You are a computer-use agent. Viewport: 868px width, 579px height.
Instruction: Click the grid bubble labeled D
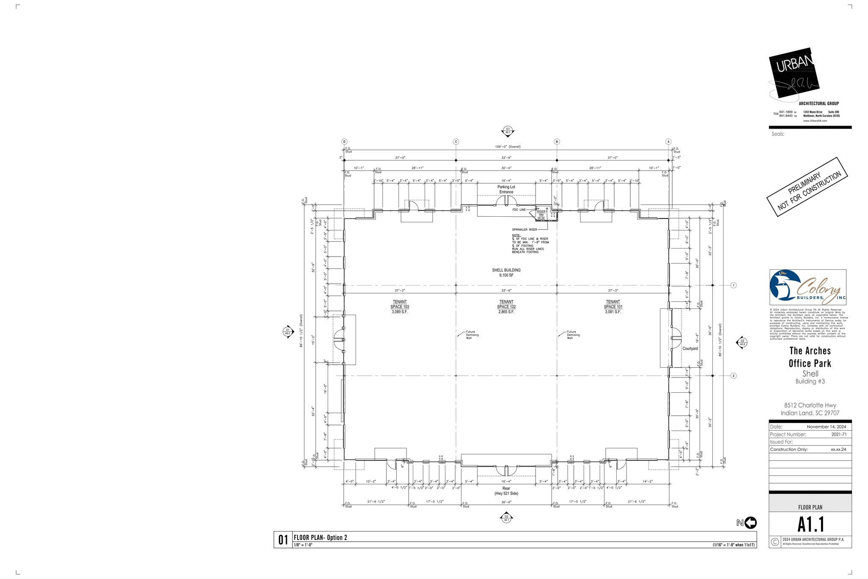click(344, 142)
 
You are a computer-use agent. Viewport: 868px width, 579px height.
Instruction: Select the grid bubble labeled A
click(668, 142)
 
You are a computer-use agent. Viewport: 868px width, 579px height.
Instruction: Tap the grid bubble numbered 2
click(734, 376)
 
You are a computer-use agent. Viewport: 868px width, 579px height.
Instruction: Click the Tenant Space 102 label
click(506, 307)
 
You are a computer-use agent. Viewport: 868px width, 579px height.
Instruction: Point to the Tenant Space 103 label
click(400, 307)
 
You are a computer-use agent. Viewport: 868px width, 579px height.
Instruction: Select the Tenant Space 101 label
click(613, 307)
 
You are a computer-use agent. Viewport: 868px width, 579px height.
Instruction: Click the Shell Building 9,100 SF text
click(506, 272)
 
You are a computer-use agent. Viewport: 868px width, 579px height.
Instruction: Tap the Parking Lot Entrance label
click(506, 189)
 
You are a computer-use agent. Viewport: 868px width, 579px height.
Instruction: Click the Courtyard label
click(690, 349)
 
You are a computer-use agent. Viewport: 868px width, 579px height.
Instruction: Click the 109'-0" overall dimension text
click(507, 147)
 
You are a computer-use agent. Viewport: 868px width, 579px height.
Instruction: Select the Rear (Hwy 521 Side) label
click(506, 491)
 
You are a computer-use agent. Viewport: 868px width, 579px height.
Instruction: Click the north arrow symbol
click(750, 523)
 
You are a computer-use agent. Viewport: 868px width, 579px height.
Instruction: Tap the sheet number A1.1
click(810, 525)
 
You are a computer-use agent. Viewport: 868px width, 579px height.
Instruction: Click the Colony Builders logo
click(807, 287)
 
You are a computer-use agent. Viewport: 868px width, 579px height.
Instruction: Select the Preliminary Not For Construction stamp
click(807, 187)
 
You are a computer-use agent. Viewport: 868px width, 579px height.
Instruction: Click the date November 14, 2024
click(826, 427)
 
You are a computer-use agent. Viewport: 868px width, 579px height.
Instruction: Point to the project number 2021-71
click(839, 434)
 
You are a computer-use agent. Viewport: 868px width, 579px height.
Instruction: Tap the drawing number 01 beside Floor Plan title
click(283, 540)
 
